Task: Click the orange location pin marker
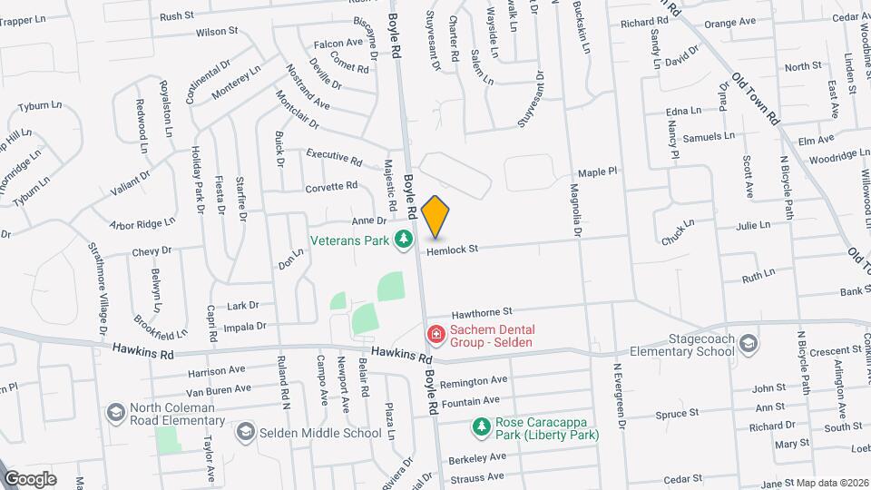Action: click(x=435, y=215)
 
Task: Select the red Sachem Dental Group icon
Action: click(x=436, y=336)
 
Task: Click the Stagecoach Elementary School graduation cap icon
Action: click(x=749, y=342)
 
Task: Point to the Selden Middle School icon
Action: click(x=246, y=433)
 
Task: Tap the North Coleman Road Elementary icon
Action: click(x=115, y=413)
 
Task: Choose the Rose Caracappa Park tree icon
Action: click(x=480, y=424)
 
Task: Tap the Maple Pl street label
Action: click(x=597, y=171)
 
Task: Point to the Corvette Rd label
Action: click(x=332, y=186)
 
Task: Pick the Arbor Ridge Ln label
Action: click(x=141, y=223)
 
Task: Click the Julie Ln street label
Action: click(x=753, y=225)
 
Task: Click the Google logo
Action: click(x=30, y=478)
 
